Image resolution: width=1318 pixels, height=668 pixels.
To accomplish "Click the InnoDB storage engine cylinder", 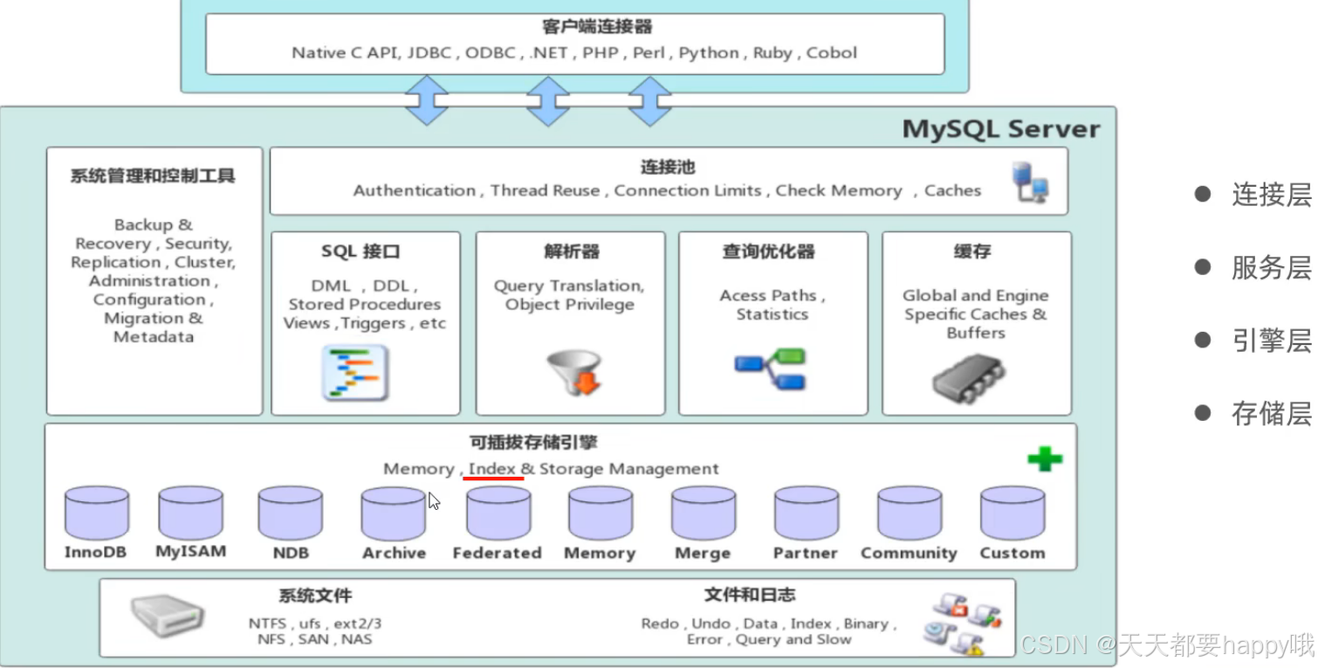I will click(x=96, y=513).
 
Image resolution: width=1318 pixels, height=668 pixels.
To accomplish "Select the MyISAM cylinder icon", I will click(x=190, y=513).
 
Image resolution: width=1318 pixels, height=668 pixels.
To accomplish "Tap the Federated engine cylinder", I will click(x=498, y=513).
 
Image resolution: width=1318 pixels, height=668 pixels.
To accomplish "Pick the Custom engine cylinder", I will click(x=1012, y=513).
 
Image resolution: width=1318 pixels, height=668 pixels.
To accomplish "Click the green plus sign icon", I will click(x=1044, y=458).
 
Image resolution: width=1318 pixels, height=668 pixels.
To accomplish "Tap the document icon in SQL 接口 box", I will click(x=355, y=373).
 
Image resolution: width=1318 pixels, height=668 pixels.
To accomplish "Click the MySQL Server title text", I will click(x=1000, y=129).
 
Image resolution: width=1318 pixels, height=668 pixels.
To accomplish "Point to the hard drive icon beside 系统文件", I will click(x=168, y=616).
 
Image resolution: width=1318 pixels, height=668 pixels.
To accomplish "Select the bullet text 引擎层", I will click(x=1271, y=341).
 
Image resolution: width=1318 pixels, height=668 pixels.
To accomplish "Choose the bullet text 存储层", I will click(x=1271, y=413).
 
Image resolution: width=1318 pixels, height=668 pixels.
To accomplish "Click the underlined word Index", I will click(x=491, y=469).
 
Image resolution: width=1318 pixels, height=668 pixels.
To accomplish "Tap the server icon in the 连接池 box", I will click(x=1029, y=182).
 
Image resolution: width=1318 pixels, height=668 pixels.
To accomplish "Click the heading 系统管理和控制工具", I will click(x=153, y=176).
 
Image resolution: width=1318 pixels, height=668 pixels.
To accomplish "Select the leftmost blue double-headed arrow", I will click(x=427, y=100).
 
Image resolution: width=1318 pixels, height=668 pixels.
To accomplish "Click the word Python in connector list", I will click(x=708, y=52).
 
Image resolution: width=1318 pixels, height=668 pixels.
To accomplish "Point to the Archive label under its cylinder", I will click(x=395, y=553).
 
